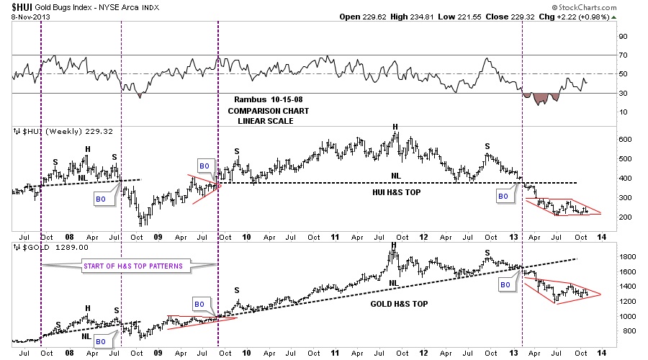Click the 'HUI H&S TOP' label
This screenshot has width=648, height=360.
click(396, 192)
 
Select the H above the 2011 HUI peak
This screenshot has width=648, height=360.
click(395, 127)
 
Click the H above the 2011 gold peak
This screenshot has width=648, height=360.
click(393, 246)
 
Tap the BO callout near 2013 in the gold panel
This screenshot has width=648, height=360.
click(505, 284)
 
